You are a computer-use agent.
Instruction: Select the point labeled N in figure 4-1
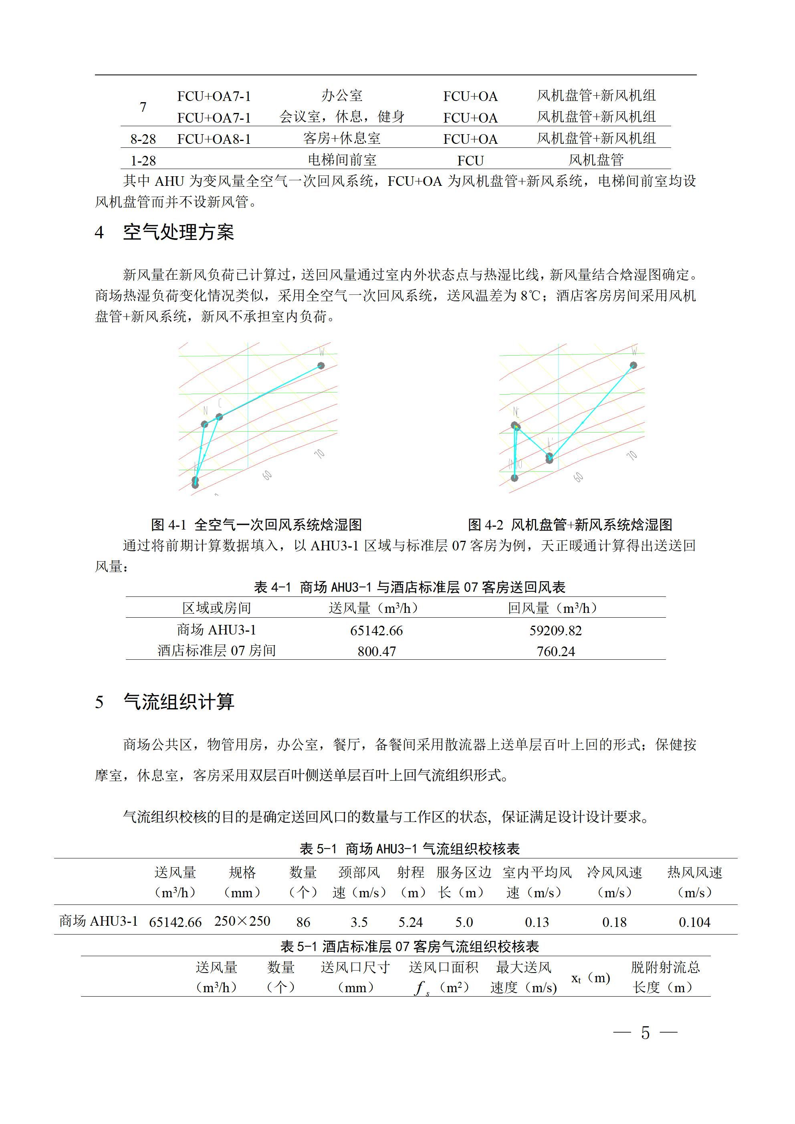(205, 424)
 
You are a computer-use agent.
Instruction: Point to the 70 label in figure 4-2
(632, 455)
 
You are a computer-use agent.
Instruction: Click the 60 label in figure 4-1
(267, 475)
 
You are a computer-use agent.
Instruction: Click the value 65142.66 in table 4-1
(376, 630)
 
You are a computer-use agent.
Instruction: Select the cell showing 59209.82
(555, 630)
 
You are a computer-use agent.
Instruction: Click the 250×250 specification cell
(242, 921)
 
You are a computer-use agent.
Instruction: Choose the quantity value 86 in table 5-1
(303, 922)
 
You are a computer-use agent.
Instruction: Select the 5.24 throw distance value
(410, 922)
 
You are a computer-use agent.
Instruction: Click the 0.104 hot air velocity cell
(694, 922)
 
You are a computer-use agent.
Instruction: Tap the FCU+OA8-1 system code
(214, 139)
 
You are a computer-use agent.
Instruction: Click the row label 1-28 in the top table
(143, 161)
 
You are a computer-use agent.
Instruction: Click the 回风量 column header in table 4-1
(552, 608)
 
